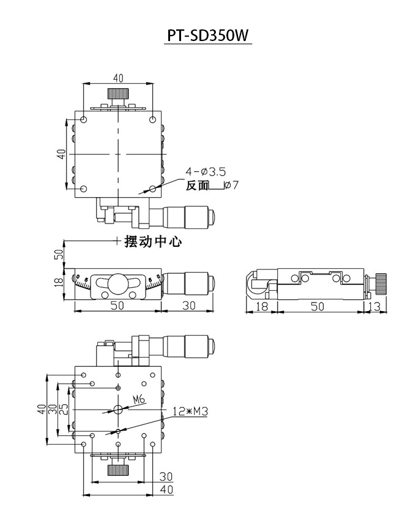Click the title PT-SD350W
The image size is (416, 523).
click(208, 36)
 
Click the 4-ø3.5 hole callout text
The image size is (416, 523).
click(206, 171)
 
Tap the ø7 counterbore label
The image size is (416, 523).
click(231, 184)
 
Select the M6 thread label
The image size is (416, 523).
click(139, 399)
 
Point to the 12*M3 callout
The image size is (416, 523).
click(190, 412)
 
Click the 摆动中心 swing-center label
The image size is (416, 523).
click(153, 241)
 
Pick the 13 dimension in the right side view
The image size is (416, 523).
click(374, 306)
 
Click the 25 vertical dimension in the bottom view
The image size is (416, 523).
click(64, 409)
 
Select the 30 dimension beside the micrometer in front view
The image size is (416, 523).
click(189, 305)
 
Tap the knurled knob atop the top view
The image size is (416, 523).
click(118, 93)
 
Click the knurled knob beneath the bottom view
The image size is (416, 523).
click(118, 470)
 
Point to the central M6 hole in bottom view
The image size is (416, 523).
click(118, 409)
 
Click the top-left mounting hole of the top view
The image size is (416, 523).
click(84, 119)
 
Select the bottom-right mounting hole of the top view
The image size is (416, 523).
click(152, 189)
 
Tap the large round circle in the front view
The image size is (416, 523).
click(118, 284)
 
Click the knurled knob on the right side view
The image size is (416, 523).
click(381, 284)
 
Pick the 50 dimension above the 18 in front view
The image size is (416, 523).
click(59, 254)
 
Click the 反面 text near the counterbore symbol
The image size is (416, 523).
click(197, 186)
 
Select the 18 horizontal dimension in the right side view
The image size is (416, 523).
click(261, 306)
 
